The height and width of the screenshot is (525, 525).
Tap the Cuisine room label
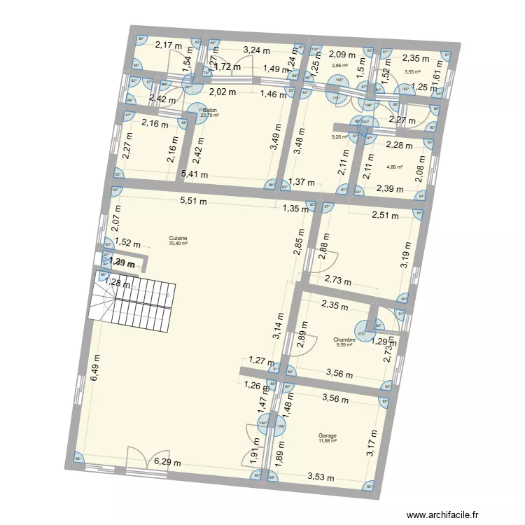(178, 238)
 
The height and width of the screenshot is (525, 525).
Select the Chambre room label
(344, 339)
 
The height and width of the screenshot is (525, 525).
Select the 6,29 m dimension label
(168, 462)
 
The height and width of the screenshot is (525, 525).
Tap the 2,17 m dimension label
(168, 45)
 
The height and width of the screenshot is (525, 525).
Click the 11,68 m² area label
(328, 441)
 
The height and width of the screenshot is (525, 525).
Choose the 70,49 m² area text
(178, 244)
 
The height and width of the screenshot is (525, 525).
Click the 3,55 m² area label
(413, 71)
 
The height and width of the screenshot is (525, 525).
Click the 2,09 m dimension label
(343, 54)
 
